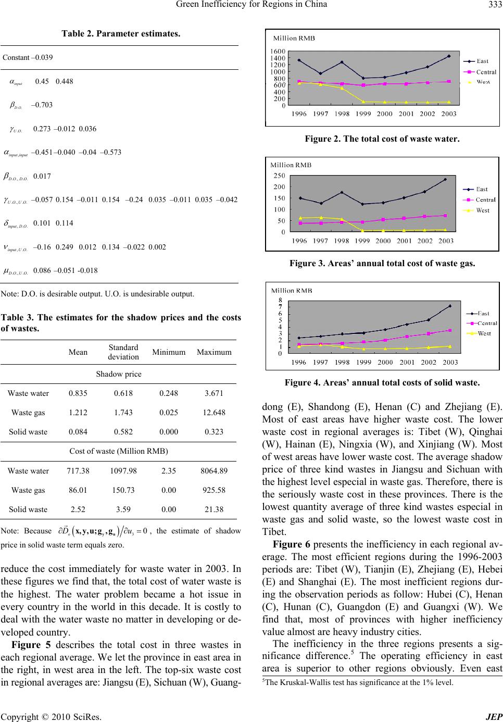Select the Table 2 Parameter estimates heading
(x=121, y=34)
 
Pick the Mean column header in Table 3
(x=78, y=352)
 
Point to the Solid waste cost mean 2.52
(x=78, y=509)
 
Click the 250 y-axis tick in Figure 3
(x=280, y=176)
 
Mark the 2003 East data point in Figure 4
(x=449, y=306)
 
